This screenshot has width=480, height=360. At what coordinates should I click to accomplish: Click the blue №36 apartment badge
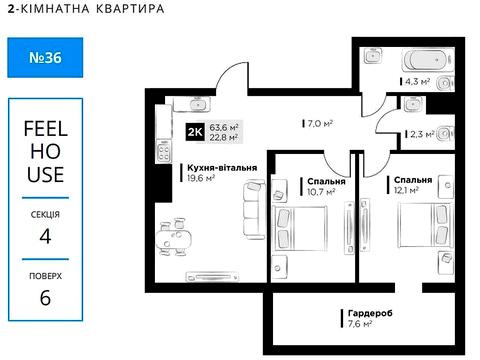click(x=42, y=59)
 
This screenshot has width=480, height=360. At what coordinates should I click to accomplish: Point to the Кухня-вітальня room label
click(x=222, y=168)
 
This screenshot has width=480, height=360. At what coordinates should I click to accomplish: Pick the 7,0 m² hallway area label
click(x=317, y=124)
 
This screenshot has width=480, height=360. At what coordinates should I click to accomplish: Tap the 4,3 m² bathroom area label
click(x=417, y=82)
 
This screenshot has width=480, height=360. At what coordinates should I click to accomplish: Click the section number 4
click(x=45, y=237)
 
